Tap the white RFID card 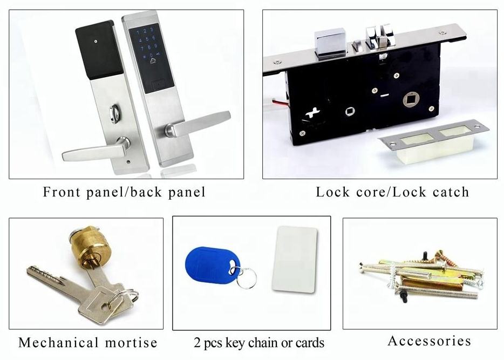pyautogui.click(x=294, y=259)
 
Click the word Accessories pyautogui.click(x=429, y=341)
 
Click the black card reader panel pyautogui.click(x=97, y=50)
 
